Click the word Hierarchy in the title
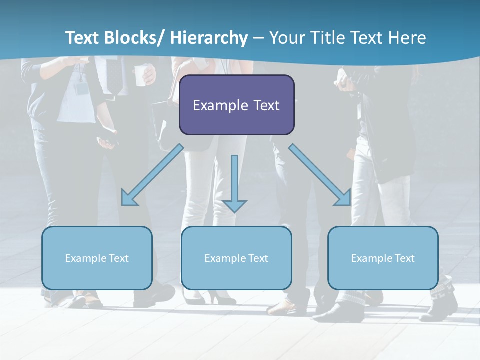tap(208, 38)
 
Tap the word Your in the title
tap(287, 38)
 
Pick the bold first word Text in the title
tap(82, 38)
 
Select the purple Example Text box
tap(236, 105)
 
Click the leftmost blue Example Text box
tap(97, 258)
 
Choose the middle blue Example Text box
tap(236, 258)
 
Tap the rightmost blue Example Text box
tap(383, 258)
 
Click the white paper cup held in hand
tap(141, 75)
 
